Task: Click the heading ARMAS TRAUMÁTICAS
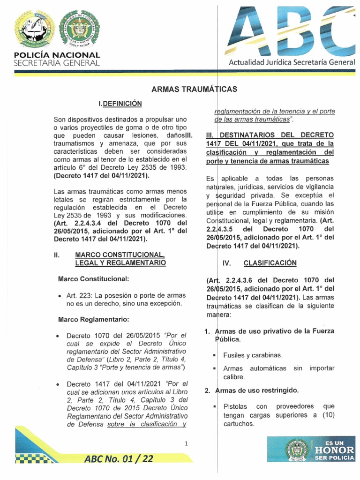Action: (x=194, y=89)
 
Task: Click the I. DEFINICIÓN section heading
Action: (x=120, y=103)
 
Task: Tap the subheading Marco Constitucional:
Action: (x=93, y=279)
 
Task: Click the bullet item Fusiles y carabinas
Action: (x=253, y=355)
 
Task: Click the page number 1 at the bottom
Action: (x=186, y=443)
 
